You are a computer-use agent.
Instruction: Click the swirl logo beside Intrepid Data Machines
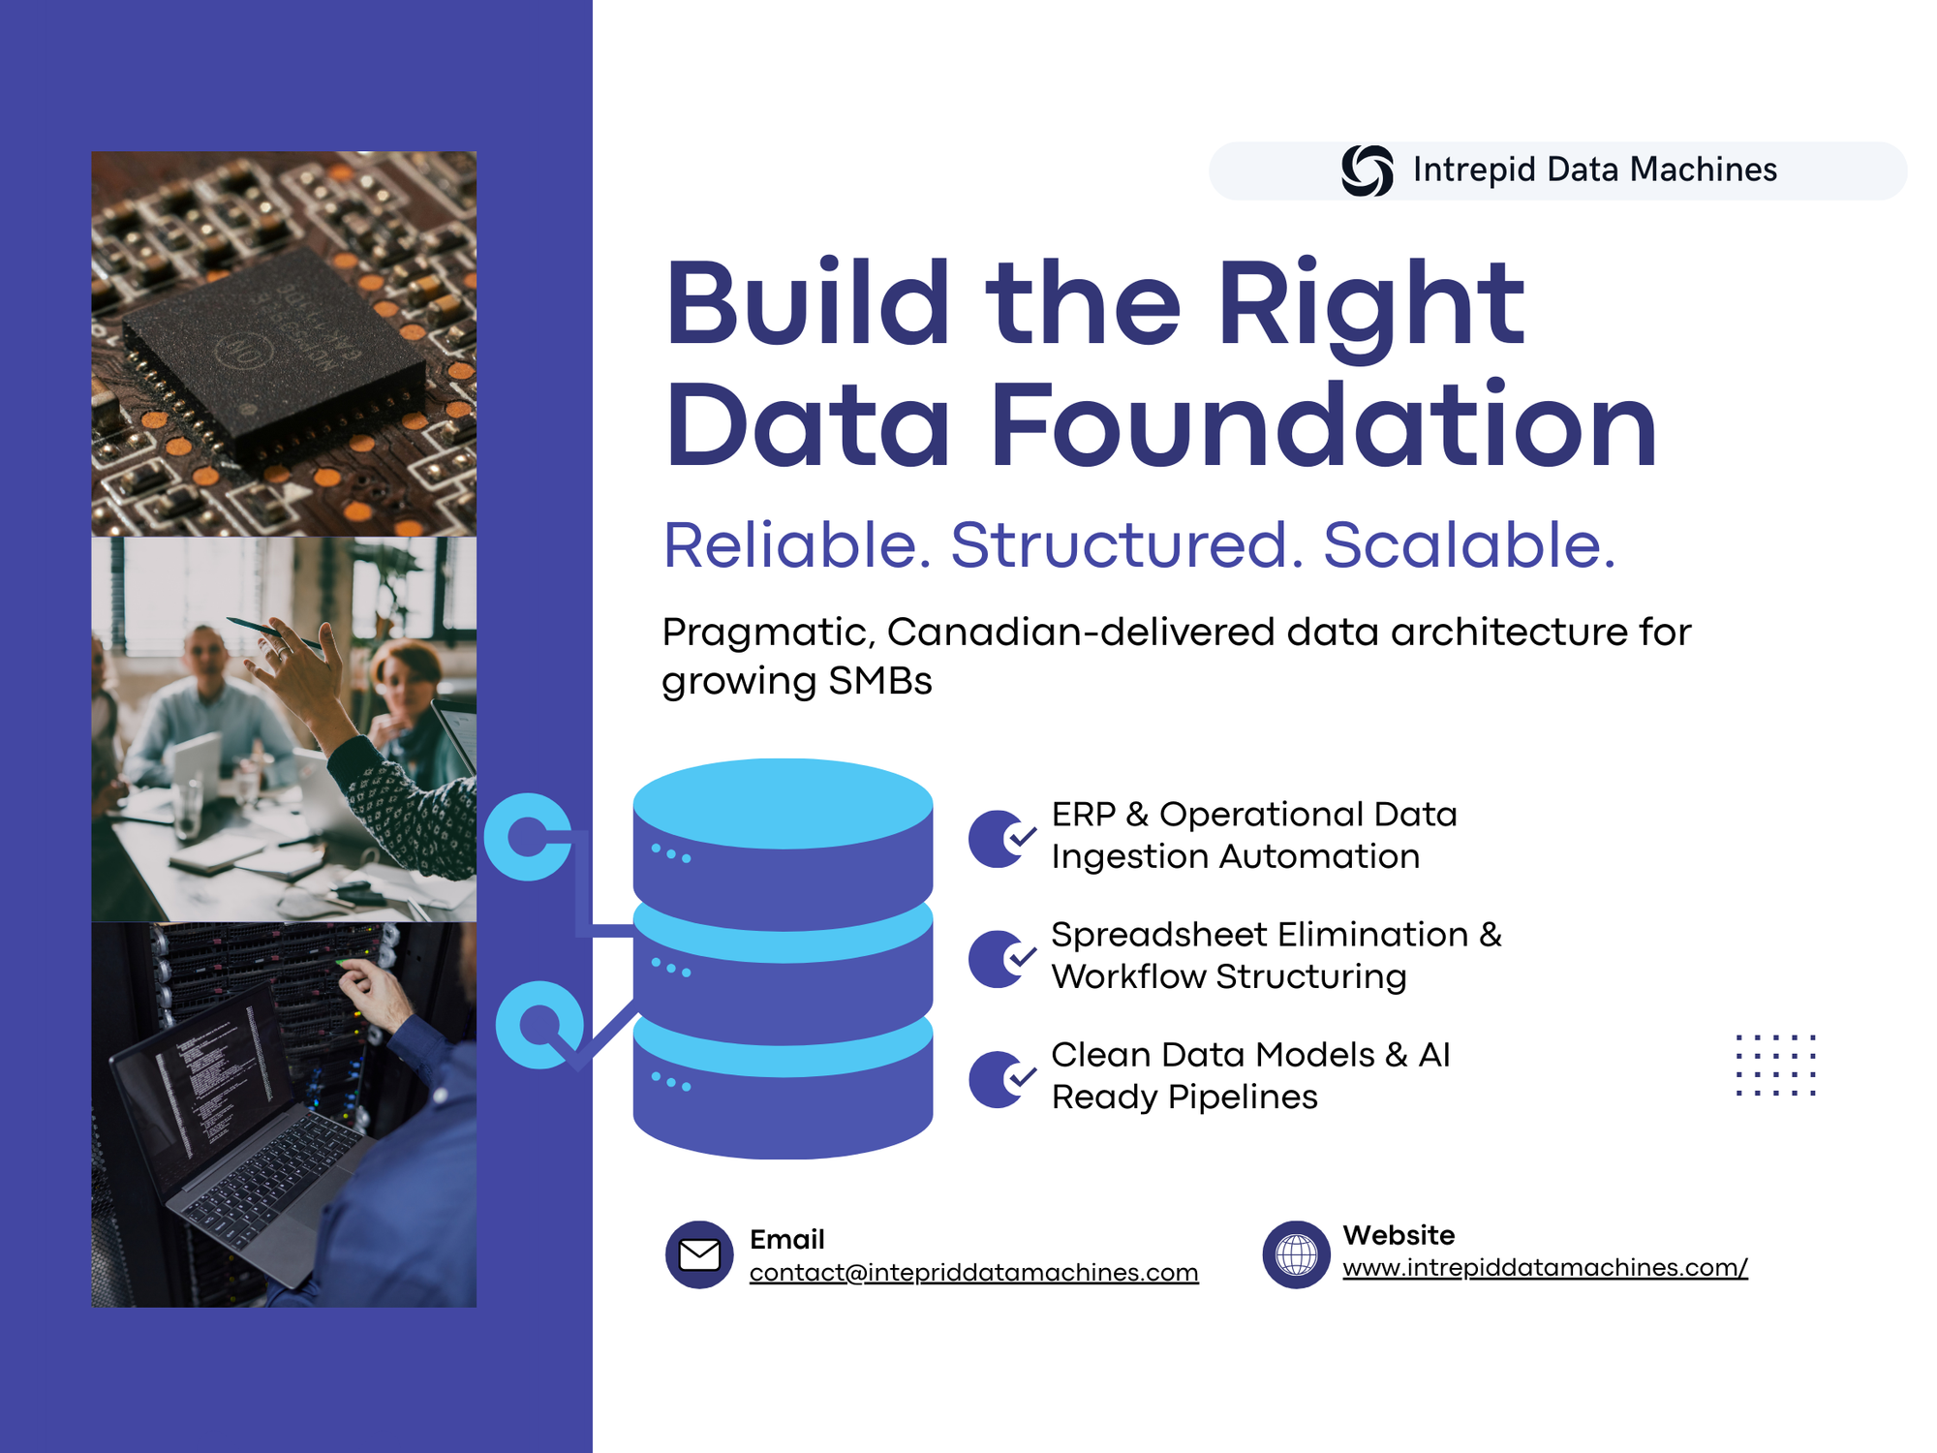(1367, 170)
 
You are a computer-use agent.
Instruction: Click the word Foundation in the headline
(1325, 425)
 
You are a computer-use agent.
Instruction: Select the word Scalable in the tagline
(1469, 544)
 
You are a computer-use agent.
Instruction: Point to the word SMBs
(879, 680)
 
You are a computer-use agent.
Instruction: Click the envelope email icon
(699, 1254)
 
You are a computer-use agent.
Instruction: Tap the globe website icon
(1296, 1254)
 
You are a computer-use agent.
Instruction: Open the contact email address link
(974, 1272)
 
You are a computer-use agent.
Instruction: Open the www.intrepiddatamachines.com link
(1546, 1267)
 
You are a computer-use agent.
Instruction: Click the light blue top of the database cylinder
(783, 803)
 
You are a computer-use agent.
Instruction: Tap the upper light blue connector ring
(504, 837)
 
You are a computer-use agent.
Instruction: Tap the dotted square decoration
(1775, 1065)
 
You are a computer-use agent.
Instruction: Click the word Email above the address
(787, 1239)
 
